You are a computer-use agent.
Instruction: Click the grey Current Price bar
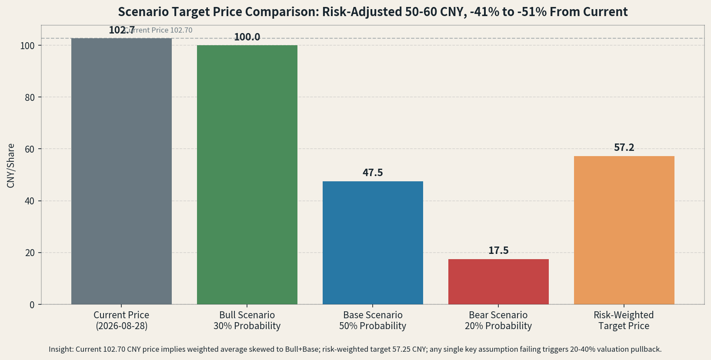(121, 171)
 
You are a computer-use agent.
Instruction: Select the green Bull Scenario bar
(247, 175)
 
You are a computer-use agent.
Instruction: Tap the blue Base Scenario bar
(373, 243)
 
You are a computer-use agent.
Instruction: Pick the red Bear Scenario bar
(498, 282)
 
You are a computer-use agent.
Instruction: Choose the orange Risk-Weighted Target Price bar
(624, 230)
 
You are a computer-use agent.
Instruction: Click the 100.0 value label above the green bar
(247, 37)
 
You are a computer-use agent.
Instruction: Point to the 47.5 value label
(373, 173)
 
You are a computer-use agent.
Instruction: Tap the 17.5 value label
(498, 250)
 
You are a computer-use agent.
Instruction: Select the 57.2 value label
(624, 148)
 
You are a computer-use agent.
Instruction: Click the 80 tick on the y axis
(30, 97)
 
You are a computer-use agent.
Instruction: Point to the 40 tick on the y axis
(30, 201)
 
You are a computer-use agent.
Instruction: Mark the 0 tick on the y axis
(32, 305)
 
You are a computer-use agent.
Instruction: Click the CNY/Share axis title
(10, 166)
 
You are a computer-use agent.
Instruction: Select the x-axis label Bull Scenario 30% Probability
(247, 320)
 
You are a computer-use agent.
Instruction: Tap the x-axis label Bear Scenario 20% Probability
(498, 320)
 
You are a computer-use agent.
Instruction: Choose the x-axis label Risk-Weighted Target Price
(624, 320)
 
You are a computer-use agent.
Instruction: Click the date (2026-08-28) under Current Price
(122, 326)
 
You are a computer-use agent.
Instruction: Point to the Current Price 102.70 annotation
(158, 30)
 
